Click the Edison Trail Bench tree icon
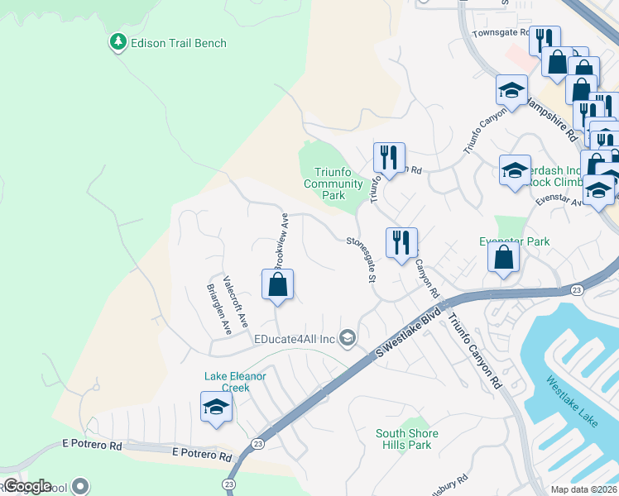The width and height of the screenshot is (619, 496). [x=118, y=42]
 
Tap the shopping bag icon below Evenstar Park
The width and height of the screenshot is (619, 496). [x=503, y=258]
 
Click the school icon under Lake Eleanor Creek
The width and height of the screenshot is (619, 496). [x=216, y=408]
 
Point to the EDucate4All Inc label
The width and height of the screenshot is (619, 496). [x=295, y=339]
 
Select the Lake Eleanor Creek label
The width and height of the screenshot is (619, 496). [x=235, y=381]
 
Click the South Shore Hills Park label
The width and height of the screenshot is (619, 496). [x=407, y=439]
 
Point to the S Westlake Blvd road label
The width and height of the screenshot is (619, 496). [x=408, y=335]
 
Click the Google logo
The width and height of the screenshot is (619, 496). [x=27, y=486]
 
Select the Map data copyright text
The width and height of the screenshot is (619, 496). [x=584, y=489]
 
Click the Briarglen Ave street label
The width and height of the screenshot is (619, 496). [x=218, y=309]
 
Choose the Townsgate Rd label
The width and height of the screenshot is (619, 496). [x=500, y=34]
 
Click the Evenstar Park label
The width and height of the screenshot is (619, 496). [x=515, y=241]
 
